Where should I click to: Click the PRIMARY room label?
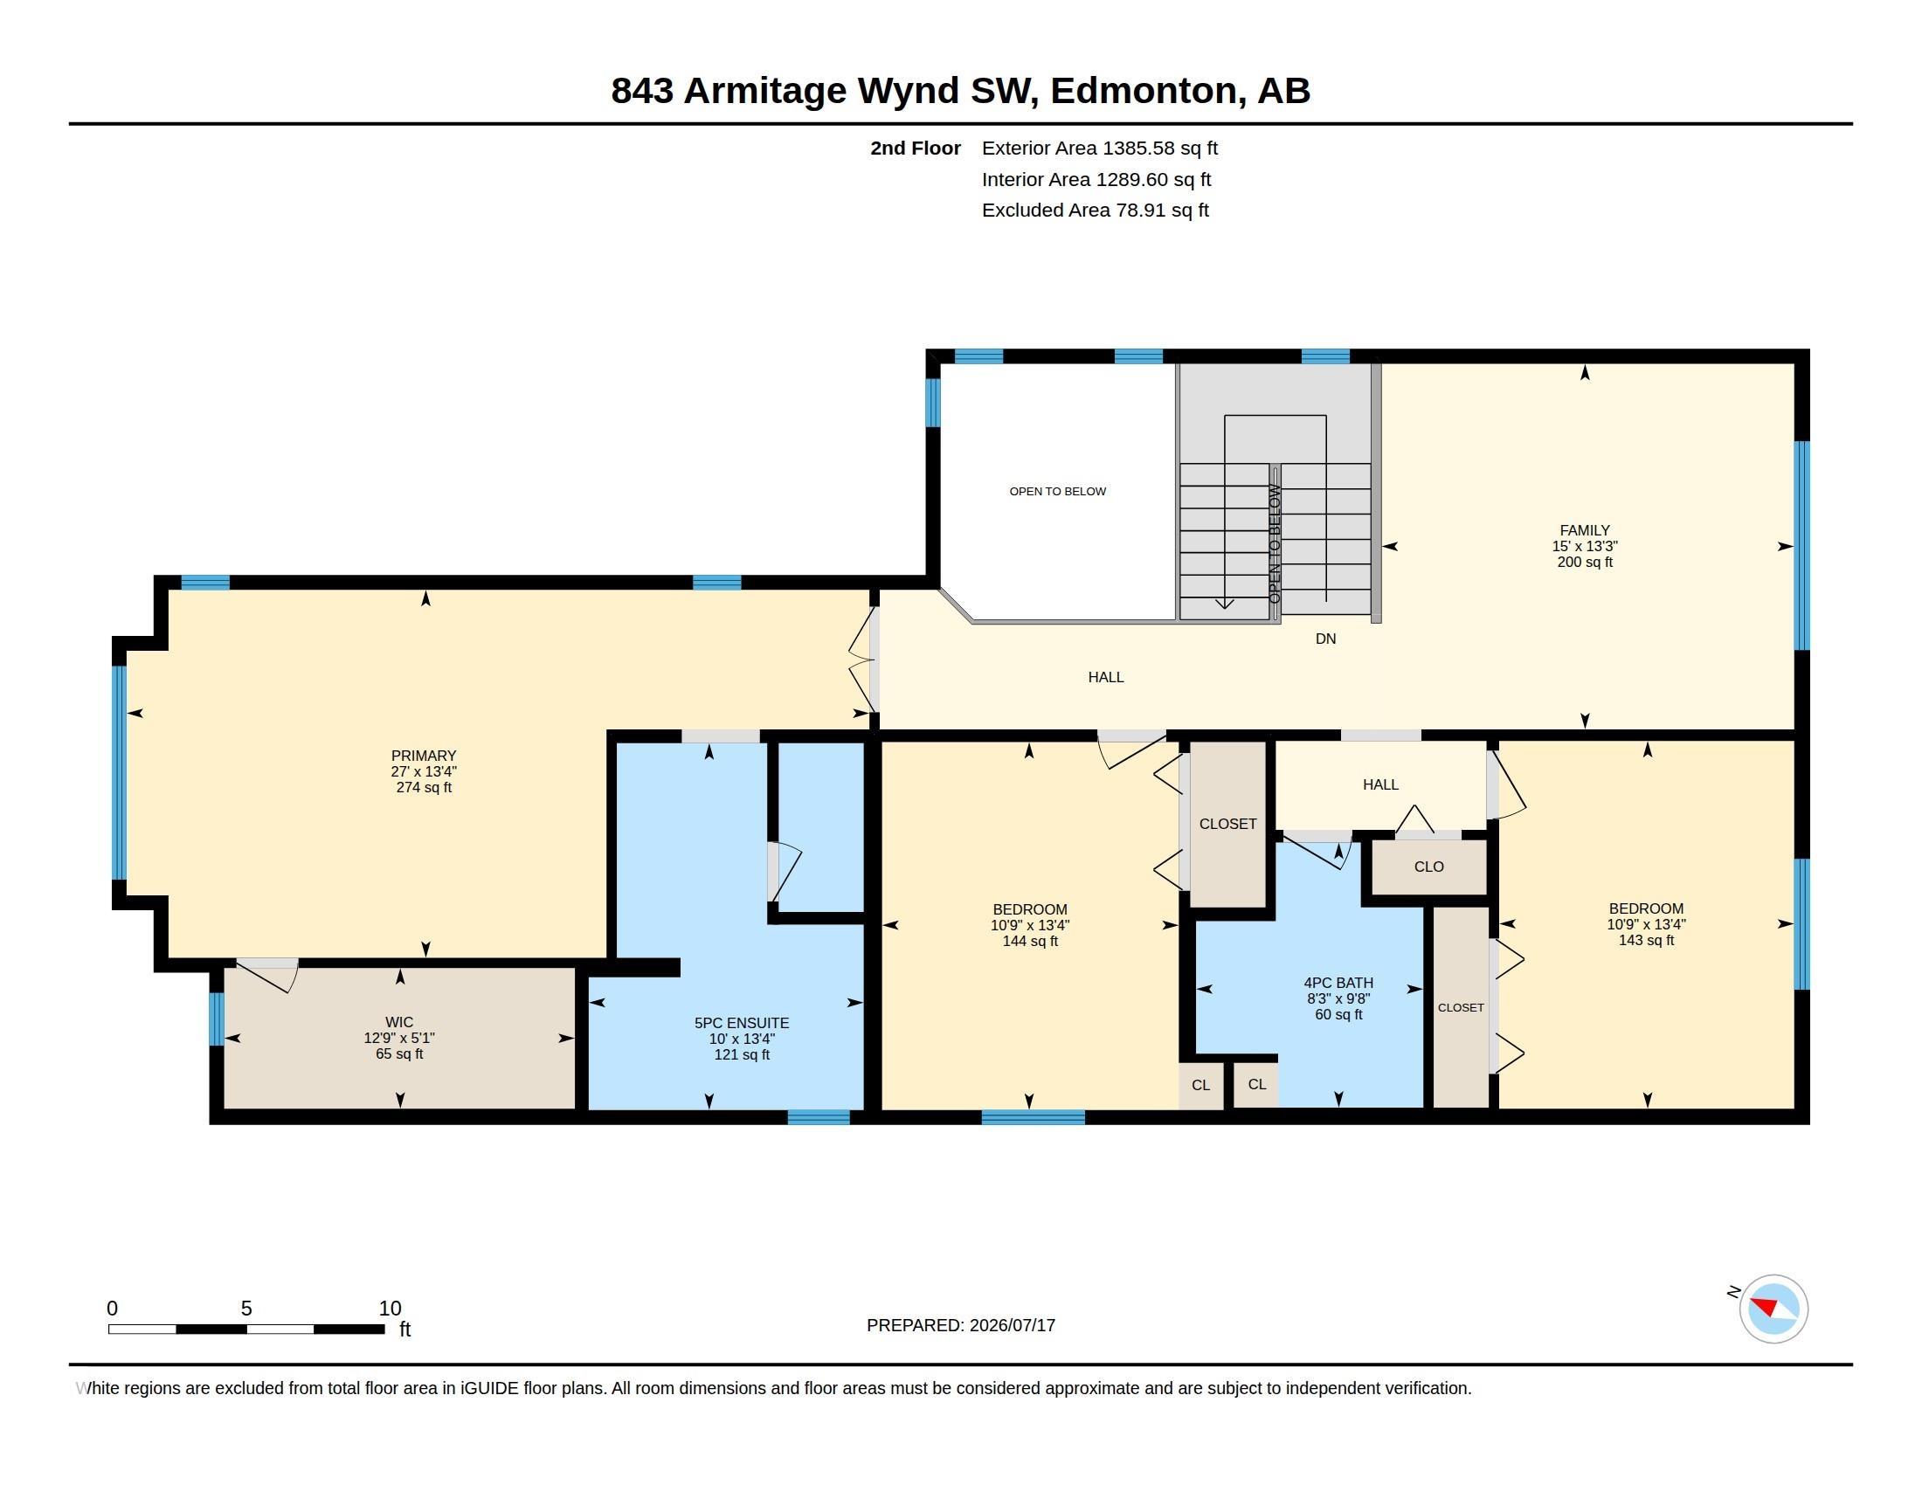pyautogui.click(x=424, y=756)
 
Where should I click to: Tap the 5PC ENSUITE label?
pyautogui.click(x=742, y=1023)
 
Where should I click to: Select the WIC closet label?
pyautogui.click(x=398, y=1022)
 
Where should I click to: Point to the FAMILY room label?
pyautogui.click(x=1584, y=530)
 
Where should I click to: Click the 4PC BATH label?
pyautogui.click(x=1338, y=983)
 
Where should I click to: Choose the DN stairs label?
pyautogui.click(x=1325, y=639)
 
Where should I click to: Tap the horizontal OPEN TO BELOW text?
pyautogui.click(x=1057, y=491)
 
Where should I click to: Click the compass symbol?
pyautogui.click(x=1773, y=1309)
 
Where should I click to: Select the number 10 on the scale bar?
pyautogui.click(x=390, y=1309)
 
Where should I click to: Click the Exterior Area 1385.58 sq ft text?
pyautogui.click(x=1099, y=148)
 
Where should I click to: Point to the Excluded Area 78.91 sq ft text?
pyautogui.click(x=1095, y=210)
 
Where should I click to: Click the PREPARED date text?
pyautogui.click(x=960, y=1325)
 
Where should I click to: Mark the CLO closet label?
pyautogui.click(x=1428, y=867)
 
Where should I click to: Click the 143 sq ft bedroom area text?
pyautogui.click(x=1646, y=940)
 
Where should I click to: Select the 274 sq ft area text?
pyautogui.click(x=424, y=787)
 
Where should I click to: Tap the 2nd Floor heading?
pyautogui.click(x=916, y=148)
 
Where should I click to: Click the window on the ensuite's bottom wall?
pyautogui.click(x=819, y=1117)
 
